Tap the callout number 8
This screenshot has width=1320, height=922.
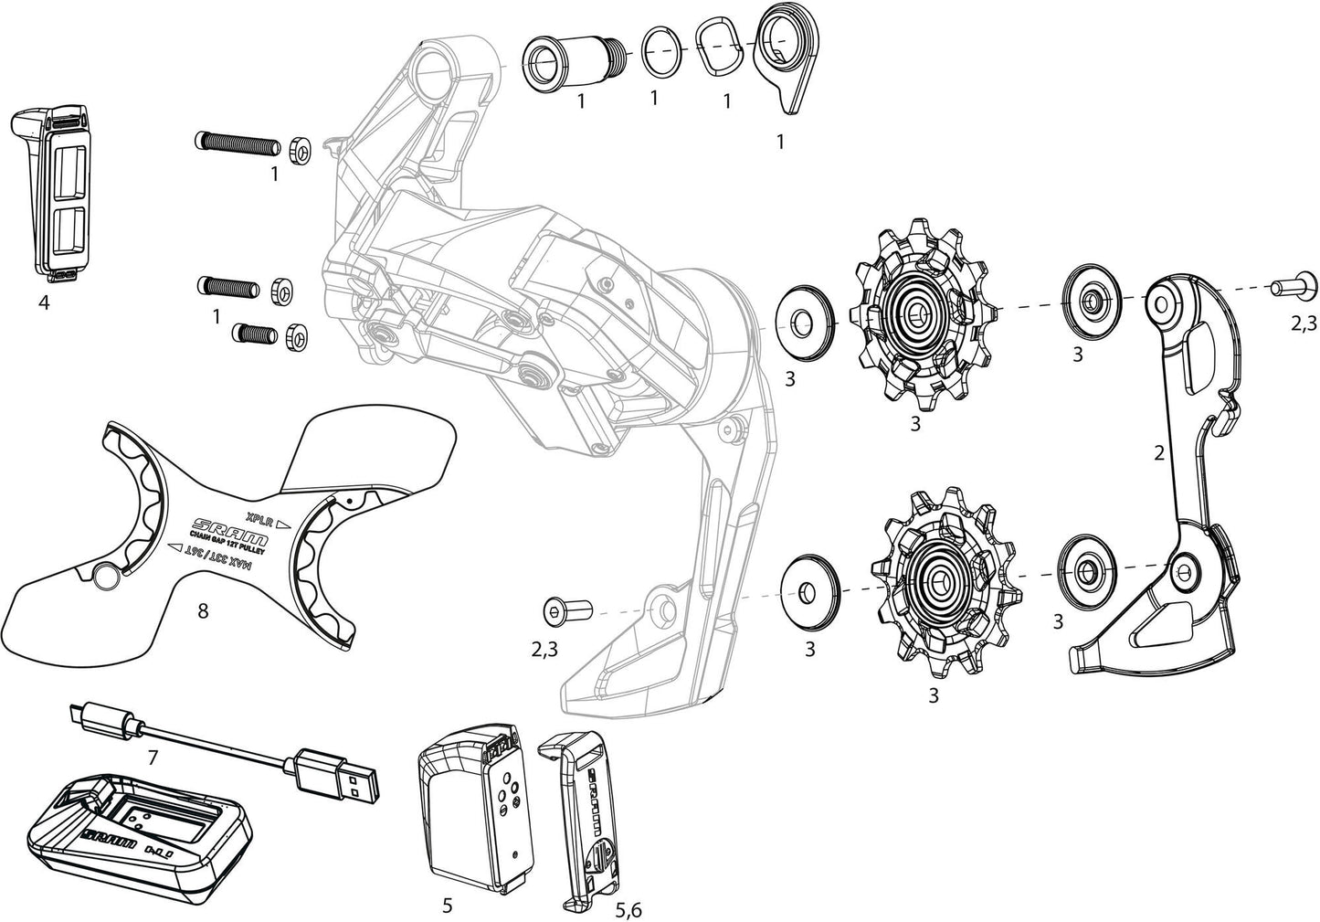click(x=202, y=611)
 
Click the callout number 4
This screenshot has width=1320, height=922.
click(x=43, y=302)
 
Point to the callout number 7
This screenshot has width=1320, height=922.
click(x=153, y=758)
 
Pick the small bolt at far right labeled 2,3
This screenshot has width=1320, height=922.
click(x=1286, y=289)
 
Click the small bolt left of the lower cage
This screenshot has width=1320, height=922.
click(x=567, y=609)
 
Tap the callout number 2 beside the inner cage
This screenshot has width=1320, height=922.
click(x=1158, y=452)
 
